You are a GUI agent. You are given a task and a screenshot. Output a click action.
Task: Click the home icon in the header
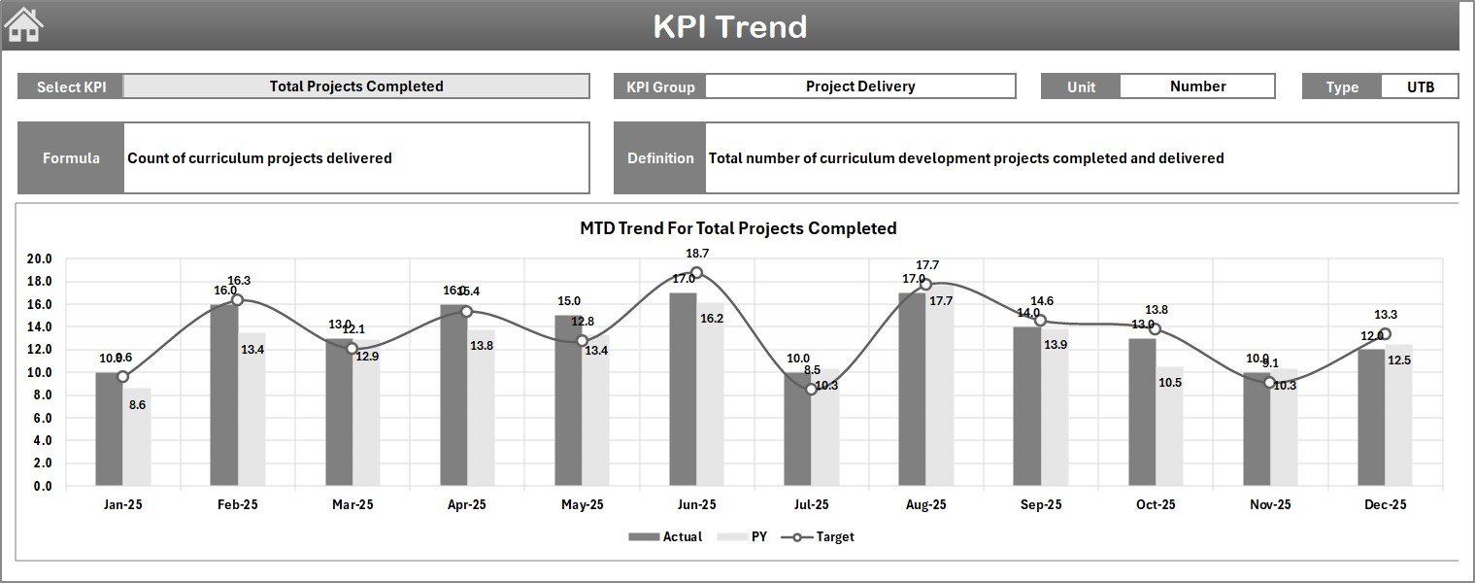point(23,25)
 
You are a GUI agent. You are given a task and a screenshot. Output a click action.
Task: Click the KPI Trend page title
point(729,26)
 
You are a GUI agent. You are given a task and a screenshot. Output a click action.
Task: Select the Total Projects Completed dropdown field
point(356,86)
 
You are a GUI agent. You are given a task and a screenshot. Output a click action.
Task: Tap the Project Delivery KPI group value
point(859,86)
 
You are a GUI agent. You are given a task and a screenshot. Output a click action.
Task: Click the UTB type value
point(1420,86)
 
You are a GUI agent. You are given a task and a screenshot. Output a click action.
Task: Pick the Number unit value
point(1197,86)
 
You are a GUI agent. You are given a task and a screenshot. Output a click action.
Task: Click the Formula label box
point(71,158)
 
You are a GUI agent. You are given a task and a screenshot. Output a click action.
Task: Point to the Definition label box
point(660,158)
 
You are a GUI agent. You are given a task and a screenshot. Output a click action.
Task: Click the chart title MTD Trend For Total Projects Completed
point(738,228)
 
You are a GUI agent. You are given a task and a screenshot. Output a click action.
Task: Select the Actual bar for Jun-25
point(683,389)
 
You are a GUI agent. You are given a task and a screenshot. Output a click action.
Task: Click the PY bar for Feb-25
point(252,409)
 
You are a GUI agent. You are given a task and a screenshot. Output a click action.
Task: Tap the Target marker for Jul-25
point(812,389)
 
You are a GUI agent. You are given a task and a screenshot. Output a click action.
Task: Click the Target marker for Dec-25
point(1385,334)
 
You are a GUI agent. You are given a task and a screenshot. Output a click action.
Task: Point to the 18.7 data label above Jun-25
point(696,254)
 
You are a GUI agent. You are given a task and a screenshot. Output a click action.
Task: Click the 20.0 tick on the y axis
point(40,259)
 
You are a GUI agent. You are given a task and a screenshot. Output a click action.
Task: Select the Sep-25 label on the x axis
point(1040,505)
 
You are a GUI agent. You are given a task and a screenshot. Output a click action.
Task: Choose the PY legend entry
point(748,537)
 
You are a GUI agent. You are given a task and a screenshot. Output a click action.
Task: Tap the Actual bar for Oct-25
point(1142,412)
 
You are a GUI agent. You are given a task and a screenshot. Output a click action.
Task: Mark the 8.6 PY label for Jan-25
point(137,404)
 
